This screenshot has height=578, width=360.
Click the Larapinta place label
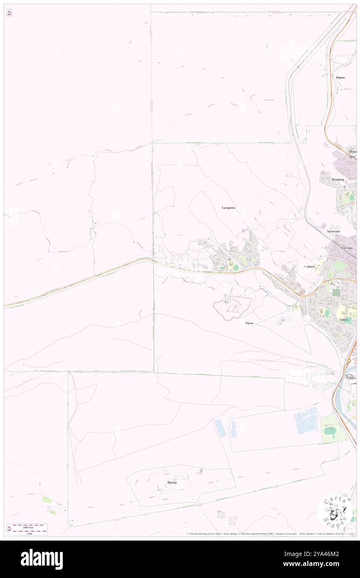229,207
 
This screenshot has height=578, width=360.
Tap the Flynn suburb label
249,323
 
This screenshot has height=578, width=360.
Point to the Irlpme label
340,77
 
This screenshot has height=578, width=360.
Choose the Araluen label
309,266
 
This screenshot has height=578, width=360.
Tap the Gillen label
343,320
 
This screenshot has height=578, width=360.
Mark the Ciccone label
347,248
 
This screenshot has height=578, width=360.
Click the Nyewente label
333,231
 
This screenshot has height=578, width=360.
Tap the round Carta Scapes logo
335,511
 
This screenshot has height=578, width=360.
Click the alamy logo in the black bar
42,559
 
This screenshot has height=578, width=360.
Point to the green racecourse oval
330,431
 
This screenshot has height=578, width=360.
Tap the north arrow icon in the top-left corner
9,13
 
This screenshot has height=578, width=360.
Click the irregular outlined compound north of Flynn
233,307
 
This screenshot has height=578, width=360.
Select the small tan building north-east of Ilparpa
202,471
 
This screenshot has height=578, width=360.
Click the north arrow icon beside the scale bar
9,529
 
